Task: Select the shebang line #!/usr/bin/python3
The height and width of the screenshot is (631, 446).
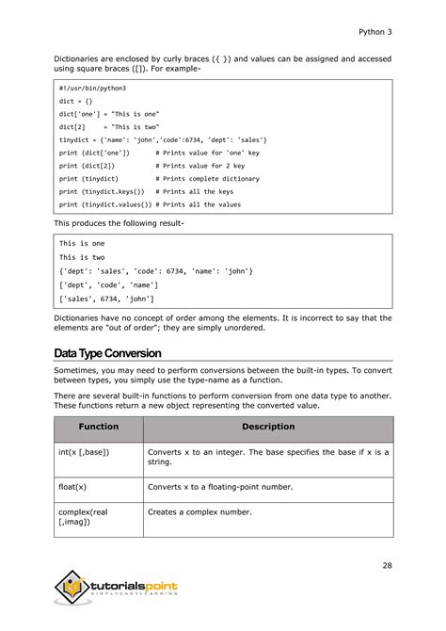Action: (x=92, y=88)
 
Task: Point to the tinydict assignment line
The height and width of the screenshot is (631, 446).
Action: (x=163, y=138)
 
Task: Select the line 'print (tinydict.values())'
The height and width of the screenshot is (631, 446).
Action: (x=104, y=204)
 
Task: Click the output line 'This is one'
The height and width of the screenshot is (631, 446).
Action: (x=82, y=243)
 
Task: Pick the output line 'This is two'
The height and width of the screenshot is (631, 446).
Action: (x=82, y=257)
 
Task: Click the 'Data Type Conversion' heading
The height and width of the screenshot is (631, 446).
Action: (x=107, y=353)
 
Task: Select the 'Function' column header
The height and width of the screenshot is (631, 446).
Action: (x=98, y=428)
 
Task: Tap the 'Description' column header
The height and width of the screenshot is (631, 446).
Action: (x=268, y=428)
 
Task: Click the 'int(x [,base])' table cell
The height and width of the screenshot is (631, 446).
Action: (x=84, y=453)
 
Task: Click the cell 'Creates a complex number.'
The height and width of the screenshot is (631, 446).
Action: (x=200, y=512)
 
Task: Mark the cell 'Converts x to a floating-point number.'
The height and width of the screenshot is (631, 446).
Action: (x=220, y=487)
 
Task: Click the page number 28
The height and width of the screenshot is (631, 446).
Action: (x=387, y=565)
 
